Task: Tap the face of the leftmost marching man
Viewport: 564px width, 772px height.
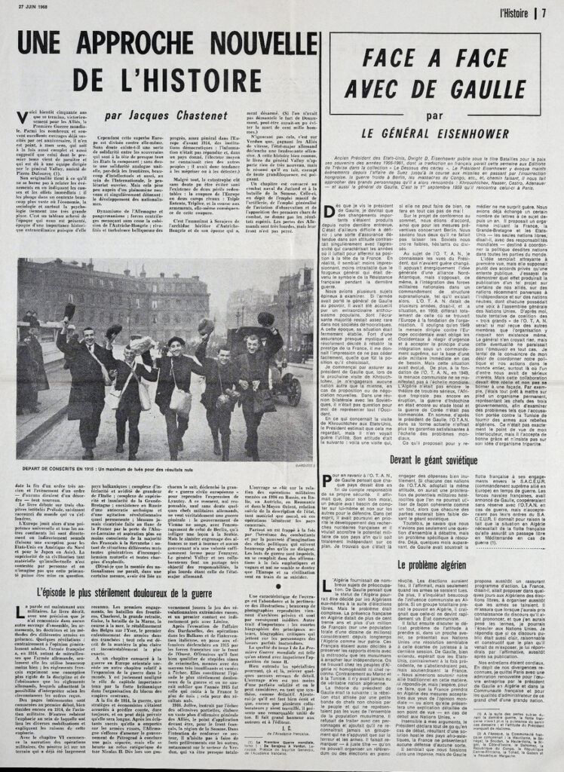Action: tap(90, 335)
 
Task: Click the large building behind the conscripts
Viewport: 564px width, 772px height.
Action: tap(113, 286)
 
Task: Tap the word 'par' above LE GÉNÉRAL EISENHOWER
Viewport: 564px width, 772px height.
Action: tap(434, 117)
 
